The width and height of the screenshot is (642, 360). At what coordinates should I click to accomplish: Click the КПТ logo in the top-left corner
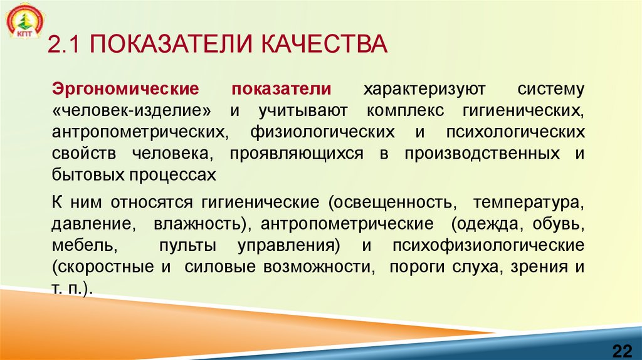[x=24, y=23]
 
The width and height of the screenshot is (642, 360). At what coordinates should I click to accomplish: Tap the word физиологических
[x=323, y=132]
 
